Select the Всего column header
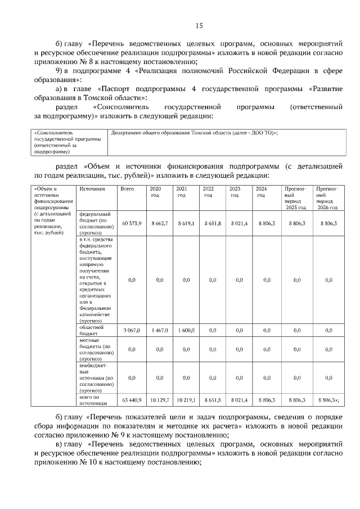(127, 190)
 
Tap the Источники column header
(92, 190)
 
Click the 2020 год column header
(156, 192)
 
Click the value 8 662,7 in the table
(160, 224)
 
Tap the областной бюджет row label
(89, 330)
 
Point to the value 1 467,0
(160, 330)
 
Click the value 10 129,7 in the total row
(160, 400)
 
